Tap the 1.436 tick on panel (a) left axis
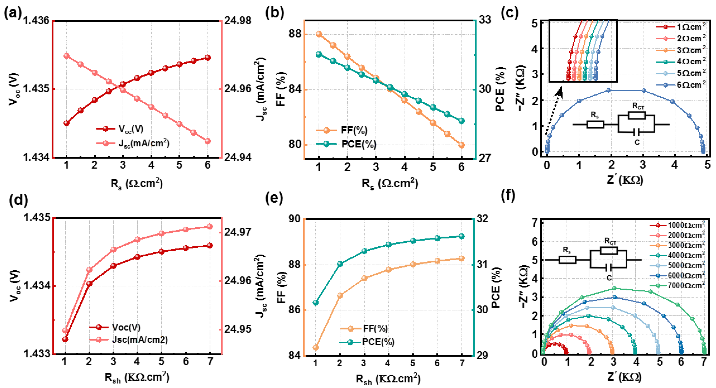coord(36,21)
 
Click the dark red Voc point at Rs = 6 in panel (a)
coord(208,58)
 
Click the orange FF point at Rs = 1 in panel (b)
coord(319,34)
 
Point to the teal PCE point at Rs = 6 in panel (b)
coord(462,121)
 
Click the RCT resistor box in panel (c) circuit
coord(636,115)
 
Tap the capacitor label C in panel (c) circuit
coord(637,143)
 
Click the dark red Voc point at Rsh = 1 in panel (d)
coord(65,339)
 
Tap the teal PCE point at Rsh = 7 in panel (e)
coord(462,236)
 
